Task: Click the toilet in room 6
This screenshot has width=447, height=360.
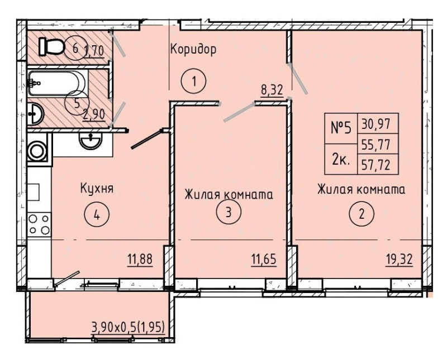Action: (x=51, y=46)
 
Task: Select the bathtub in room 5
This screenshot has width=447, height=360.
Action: (x=57, y=83)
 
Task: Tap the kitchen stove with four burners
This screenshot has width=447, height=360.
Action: (x=39, y=224)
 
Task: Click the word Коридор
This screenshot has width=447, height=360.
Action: (x=193, y=49)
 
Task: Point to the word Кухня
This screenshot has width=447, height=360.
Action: (x=97, y=188)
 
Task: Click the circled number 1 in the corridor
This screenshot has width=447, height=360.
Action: (x=193, y=81)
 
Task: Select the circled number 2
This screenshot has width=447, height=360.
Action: (x=362, y=214)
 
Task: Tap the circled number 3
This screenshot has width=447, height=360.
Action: (x=229, y=212)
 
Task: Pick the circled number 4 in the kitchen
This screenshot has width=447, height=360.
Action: (x=97, y=215)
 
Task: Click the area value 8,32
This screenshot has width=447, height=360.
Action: (x=272, y=90)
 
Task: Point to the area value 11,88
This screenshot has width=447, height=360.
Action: (x=140, y=260)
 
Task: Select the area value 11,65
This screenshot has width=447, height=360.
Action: (x=264, y=260)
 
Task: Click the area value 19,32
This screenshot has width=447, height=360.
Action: (x=399, y=260)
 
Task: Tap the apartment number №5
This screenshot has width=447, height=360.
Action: (x=341, y=128)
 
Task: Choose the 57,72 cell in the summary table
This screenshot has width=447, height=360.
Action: (x=376, y=165)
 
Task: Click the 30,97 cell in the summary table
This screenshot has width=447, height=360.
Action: (x=376, y=123)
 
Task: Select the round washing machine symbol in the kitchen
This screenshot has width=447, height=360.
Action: (x=37, y=150)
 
